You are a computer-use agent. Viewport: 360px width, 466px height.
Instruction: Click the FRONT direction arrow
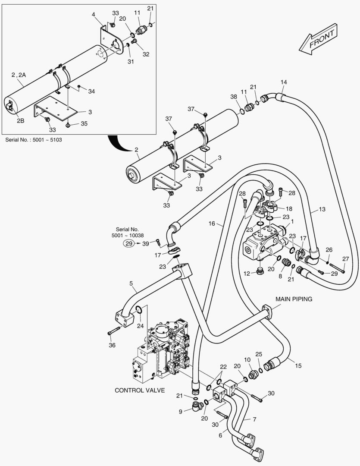(318, 40)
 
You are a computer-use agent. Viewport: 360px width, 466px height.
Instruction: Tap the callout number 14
(283, 82)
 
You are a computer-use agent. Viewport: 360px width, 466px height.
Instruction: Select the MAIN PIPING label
(294, 299)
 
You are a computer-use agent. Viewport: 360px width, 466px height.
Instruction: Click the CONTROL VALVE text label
(140, 390)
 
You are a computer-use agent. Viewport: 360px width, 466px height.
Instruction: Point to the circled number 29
(128, 244)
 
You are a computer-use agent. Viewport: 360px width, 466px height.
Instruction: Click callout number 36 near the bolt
(112, 345)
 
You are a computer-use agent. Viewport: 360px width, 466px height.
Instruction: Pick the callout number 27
(345, 259)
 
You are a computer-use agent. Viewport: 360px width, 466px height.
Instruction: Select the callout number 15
(298, 365)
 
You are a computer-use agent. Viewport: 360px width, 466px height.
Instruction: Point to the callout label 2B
(21, 121)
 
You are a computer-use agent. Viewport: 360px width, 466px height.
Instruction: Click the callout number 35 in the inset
(84, 124)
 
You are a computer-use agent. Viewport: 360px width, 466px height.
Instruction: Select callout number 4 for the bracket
(93, 15)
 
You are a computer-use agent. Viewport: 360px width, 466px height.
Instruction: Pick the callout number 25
(259, 354)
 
